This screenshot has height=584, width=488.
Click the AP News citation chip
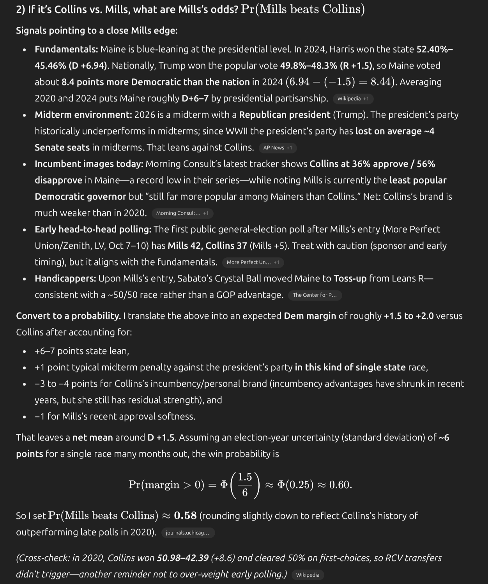[277, 148]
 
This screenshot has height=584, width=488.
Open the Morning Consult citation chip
[182, 213]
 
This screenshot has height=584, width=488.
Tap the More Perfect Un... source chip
[253, 262]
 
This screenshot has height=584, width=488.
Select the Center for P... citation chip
[315, 295]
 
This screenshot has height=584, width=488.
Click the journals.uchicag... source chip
[187, 533]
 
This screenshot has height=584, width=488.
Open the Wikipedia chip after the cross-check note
[308, 575]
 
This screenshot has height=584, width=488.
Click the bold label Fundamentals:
[66, 50]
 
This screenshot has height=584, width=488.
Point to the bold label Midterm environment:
[83, 115]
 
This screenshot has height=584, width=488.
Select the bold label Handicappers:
[65, 279]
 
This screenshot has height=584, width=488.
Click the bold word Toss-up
[350, 279]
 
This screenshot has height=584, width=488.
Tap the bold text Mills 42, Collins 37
[207, 246]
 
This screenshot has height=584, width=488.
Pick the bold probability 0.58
[185, 516]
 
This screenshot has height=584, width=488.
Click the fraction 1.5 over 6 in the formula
[245, 485]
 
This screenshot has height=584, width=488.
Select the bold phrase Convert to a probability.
[68, 316]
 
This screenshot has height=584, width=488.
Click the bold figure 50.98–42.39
[182, 558]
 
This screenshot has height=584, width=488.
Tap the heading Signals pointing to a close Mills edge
[97, 31]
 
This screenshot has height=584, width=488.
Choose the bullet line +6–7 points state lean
[81, 351]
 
